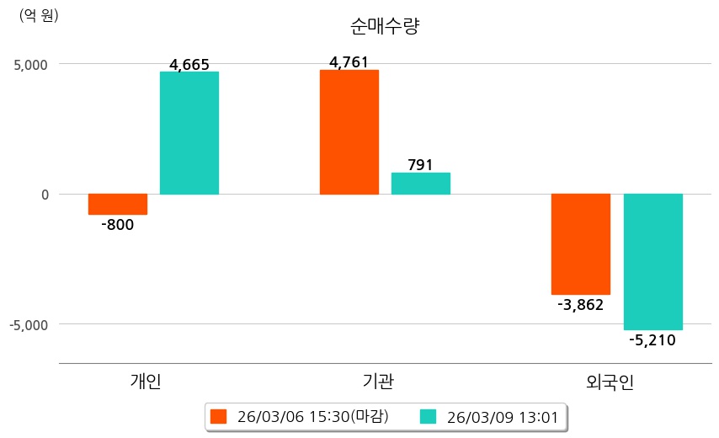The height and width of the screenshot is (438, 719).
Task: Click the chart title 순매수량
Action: coord(384,26)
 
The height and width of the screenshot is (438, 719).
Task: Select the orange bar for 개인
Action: coord(118,204)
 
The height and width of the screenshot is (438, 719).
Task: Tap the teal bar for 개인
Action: coord(189,133)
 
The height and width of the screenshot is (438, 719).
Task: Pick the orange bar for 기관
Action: coord(349,132)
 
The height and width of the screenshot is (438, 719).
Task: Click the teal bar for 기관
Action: coord(421,184)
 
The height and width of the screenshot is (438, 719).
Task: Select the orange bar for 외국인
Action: coord(581,244)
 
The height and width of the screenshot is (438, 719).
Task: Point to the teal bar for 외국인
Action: coord(652,262)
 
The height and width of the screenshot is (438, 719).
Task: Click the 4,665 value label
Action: coord(189,65)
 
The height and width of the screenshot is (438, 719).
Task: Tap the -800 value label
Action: coord(117,225)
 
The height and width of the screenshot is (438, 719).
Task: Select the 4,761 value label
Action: coord(349,61)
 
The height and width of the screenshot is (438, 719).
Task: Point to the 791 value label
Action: coord(420,165)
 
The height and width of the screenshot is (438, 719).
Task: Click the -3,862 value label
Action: coord(581,305)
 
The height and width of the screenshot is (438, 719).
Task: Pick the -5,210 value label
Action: coord(652,340)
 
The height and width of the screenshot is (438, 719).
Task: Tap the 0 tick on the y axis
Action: coord(44,195)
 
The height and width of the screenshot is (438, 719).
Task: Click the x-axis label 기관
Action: coord(373,382)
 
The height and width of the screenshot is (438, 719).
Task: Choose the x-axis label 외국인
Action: coord(610,382)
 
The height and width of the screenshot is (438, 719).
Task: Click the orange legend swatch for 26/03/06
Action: coord(219,416)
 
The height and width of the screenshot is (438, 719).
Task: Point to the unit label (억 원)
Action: coord(39,15)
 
